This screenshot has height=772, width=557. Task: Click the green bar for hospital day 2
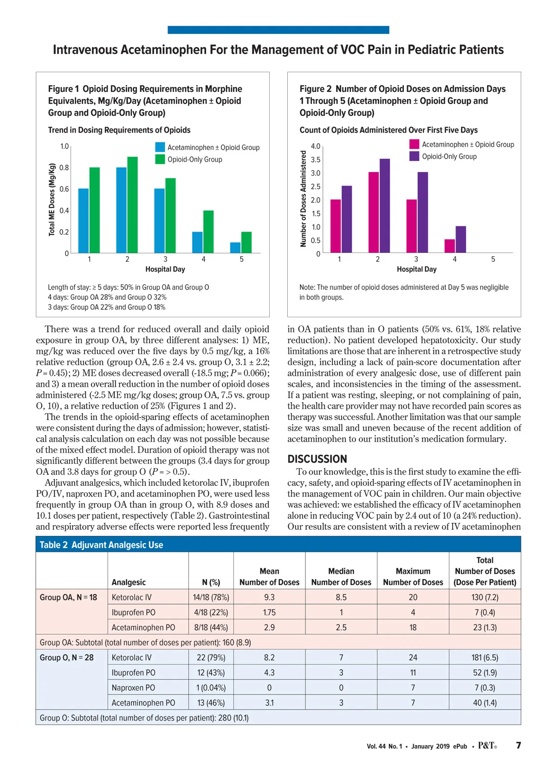(x=132, y=205)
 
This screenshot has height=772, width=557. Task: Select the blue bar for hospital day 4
(x=197, y=242)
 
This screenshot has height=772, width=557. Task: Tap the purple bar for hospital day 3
(x=422, y=212)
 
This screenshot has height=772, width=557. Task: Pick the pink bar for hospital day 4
(x=449, y=246)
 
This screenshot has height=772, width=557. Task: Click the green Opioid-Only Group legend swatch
(x=160, y=159)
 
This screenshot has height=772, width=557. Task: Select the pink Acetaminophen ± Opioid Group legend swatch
(x=414, y=144)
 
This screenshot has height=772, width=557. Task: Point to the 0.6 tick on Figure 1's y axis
(x=64, y=189)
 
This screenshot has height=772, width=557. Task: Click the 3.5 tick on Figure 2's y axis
(x=316, y=160)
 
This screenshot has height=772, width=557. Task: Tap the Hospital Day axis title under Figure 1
(x=165, y=269)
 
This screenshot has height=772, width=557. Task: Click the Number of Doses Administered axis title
(x=304, y=199)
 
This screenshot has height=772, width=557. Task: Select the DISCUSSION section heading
(x=317, y=459)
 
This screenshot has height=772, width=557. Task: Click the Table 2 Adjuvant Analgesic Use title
(x=101, y=545)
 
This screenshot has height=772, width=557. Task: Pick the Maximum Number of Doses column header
(x=413, y=577)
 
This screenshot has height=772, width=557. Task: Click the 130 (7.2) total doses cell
(x=485, y=597)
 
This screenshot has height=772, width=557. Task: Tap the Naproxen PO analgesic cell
(x=133, y=688)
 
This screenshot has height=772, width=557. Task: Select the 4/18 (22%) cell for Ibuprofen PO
(x=211, y=612)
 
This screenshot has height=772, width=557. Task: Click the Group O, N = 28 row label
(x=66, y=657)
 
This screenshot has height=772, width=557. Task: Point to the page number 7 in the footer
(x=518, y=745)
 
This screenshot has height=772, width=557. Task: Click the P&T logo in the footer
(x=487, y=746)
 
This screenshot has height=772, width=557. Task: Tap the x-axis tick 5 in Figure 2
(x=493, y=259)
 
